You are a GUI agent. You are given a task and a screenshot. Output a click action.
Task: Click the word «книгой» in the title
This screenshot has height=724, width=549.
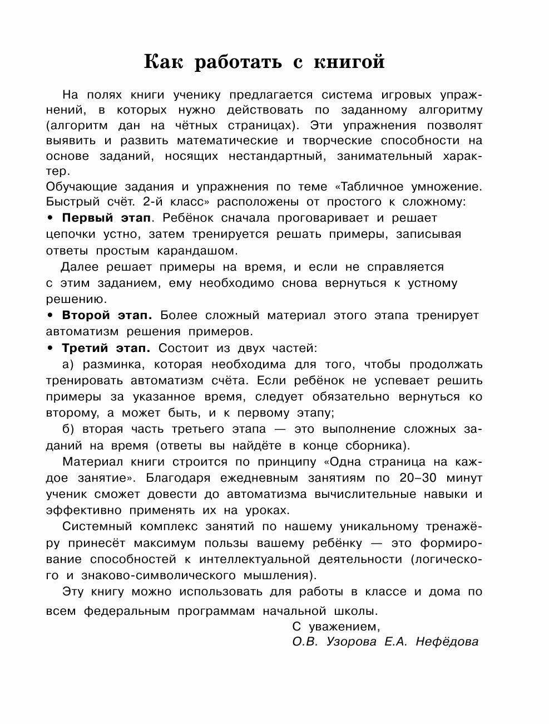(348, 62)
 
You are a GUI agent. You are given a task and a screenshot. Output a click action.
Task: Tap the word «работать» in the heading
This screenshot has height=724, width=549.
(238, 62)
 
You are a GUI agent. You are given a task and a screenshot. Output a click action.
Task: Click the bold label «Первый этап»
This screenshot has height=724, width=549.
(105, 218)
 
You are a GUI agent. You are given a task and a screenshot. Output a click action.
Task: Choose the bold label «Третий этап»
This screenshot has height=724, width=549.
(106, 348)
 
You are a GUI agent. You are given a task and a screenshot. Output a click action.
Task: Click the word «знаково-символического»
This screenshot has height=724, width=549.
(158, 575)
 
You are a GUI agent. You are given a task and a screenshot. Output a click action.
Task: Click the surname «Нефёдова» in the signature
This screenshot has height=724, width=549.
(446, 642)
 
